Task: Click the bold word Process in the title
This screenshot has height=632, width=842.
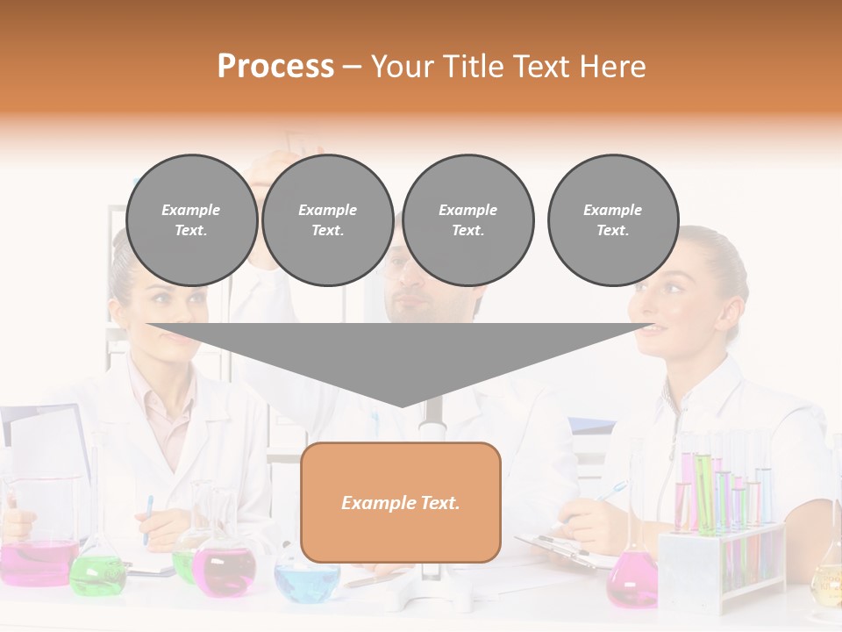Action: tap(275, 66)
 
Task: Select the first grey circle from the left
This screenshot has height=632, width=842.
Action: tap(191, 219)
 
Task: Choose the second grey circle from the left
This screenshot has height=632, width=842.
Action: tap(327, 219)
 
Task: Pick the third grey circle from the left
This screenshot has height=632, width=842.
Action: tap(467, 219)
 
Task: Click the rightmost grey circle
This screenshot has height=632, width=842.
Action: tap(612, 219)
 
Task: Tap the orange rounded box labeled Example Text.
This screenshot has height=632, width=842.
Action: tap(400, 502)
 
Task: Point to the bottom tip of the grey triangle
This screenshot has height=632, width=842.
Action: tap(402, 405)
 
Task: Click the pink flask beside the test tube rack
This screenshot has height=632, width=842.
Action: tap(631, 579)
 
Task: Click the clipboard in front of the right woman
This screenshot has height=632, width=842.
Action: tap(561, 549)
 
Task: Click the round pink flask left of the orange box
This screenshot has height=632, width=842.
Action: tap(223, 571)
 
